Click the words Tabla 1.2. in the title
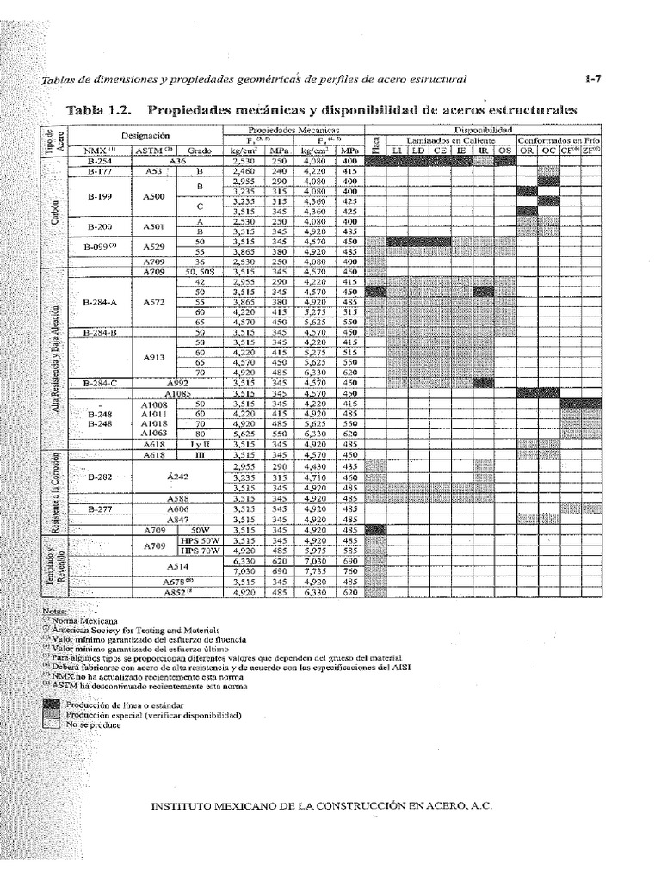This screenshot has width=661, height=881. click(x=100, y=110)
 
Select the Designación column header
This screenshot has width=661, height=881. click(x=145, y=135)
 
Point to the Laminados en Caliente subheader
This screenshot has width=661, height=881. click(x=448, y=139)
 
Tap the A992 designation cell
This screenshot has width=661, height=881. click(x=177, y=381)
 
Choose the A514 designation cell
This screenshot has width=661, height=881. click(x=177, y=566)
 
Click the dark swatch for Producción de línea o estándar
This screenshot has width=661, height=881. click(x=56, y=704)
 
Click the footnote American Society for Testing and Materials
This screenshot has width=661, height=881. click(x=129, y=630)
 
